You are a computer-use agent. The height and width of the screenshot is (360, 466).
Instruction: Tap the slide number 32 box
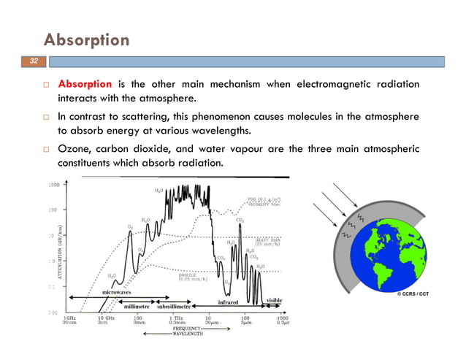(x=33, y=61)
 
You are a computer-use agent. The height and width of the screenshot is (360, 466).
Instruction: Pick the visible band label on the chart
(x=274, y=299)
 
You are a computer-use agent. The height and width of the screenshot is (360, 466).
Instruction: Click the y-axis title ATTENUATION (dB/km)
(x=52, y=251)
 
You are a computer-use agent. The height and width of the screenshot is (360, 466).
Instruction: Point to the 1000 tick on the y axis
(x=54, y=185)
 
